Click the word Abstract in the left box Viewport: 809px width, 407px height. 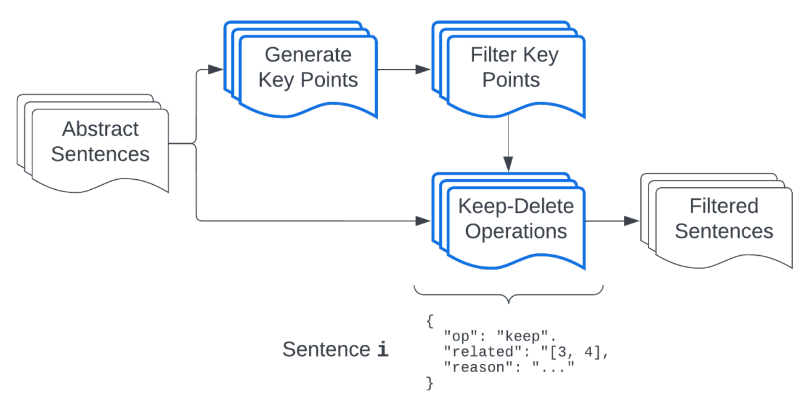coord(100,129)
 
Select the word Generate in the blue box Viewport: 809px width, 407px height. coord(308,55)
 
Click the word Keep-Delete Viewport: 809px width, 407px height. coord(516,206)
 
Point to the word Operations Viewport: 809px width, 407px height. coord(516,232)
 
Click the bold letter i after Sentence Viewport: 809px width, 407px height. coord(383,350)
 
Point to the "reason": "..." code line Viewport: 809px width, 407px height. coord(508,368)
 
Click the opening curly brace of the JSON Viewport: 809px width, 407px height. coord(429,321)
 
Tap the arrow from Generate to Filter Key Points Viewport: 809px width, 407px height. coord(404,69)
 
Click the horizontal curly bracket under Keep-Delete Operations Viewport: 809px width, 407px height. coord(509,294)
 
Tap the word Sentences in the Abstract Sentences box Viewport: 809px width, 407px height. coord(100,154)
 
